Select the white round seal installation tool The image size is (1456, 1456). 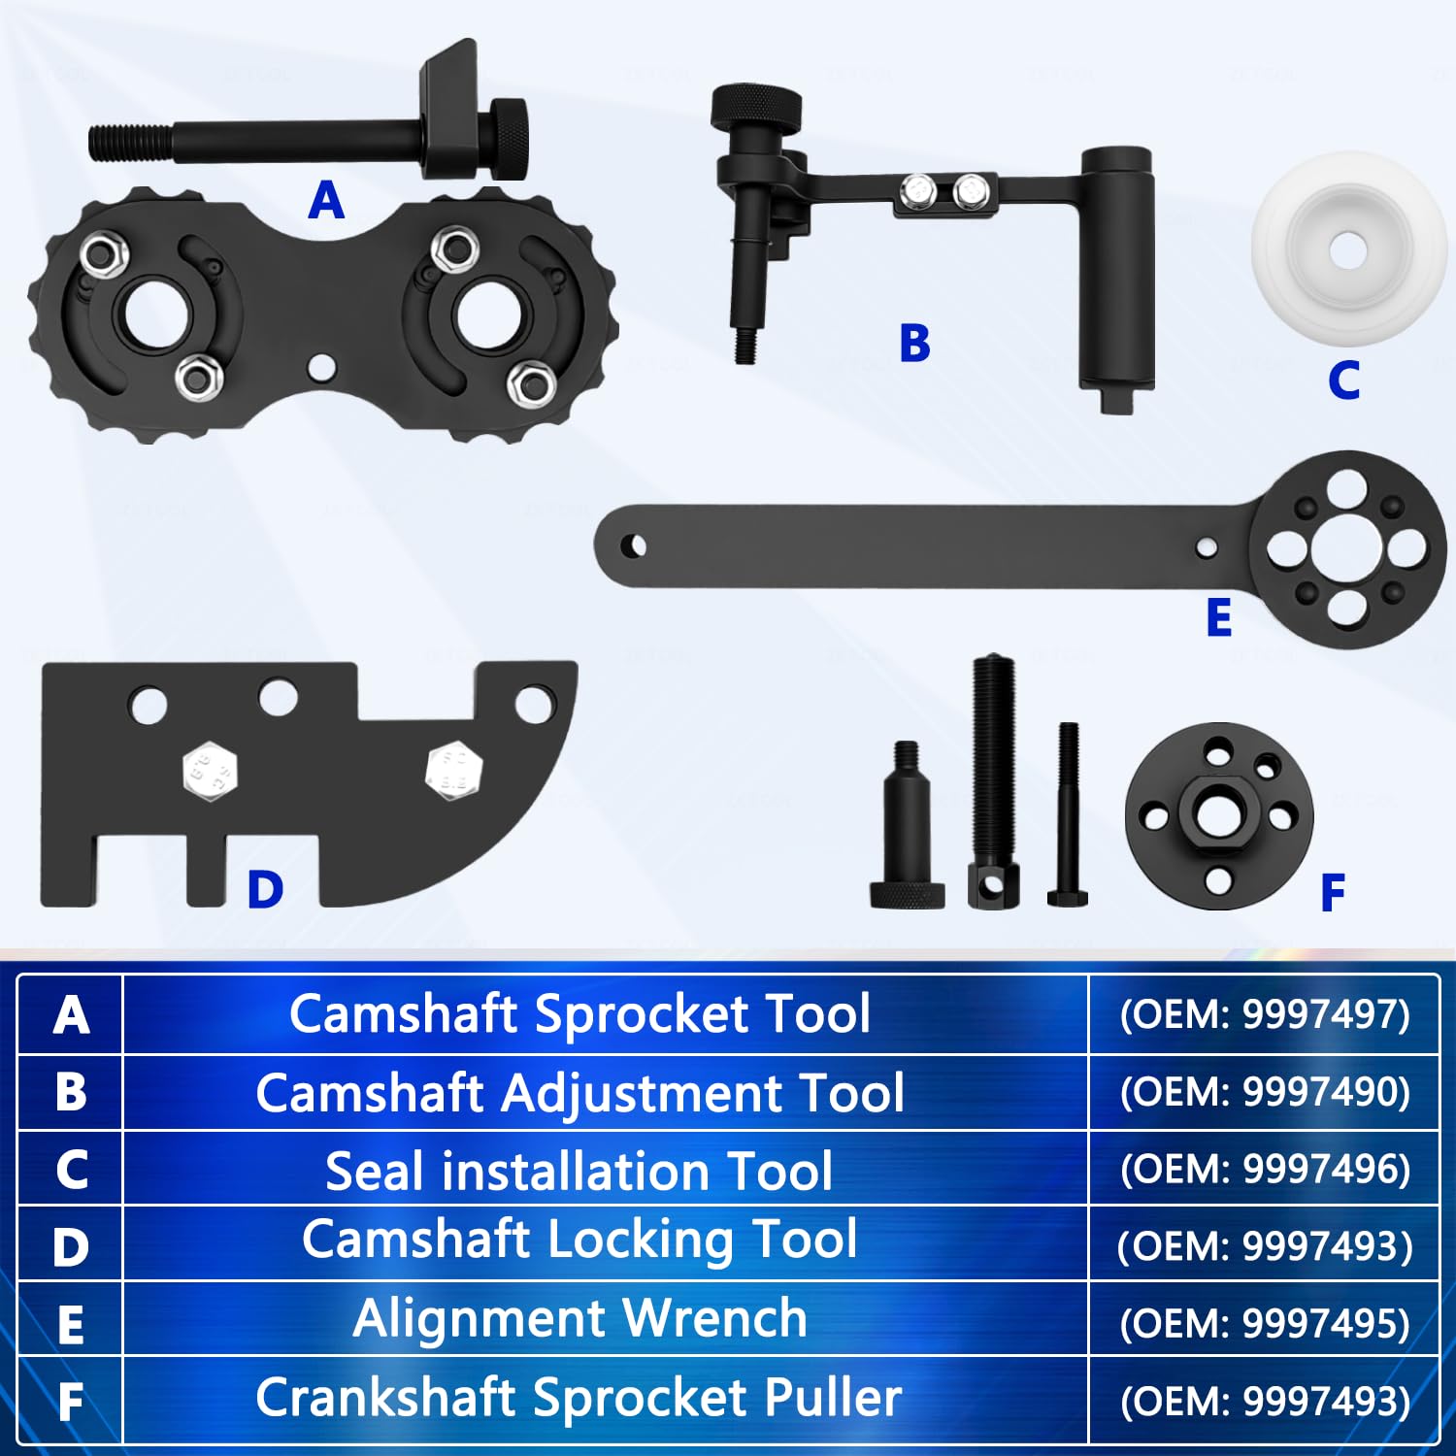(x=1349, y=248)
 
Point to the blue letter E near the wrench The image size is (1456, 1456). (x=1219, y=617)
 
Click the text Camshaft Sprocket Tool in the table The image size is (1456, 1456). (x=579, y=1014)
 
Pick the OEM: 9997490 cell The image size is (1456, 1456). (x=1264, y=1092)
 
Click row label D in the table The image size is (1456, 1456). (x=71, y=1246)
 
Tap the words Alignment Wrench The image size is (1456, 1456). (x=579, y=1318)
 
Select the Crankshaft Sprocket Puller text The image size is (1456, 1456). (x=579, y=1398)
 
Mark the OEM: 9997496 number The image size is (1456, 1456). (x=1264, y=1169)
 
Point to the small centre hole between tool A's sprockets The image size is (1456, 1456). (x=320, y=367)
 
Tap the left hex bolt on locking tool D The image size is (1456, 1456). (x=210, y=771)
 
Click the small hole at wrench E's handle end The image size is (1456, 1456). (x=634, y=546)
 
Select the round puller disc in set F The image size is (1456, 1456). (x=1219, y=815)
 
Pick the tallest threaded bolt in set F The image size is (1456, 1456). (x=993, y=781)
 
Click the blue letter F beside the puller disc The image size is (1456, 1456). (x=1333, y=892)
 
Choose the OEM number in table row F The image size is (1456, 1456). (x=1264, y=1401)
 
